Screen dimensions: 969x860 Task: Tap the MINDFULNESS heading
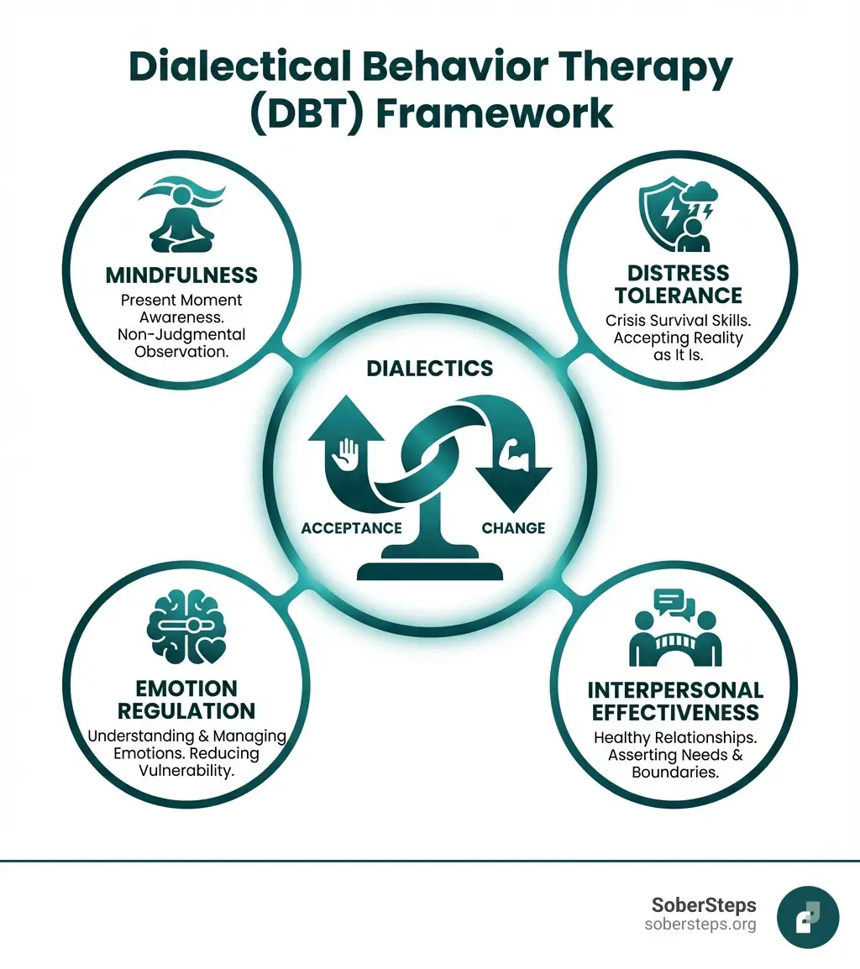pyautogui.click(x=181, y=275)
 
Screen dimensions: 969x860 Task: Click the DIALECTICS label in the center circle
pyautogui.click(x=429, y=368)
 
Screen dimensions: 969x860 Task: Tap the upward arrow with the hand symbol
pyautogui.click(x=345, y=453)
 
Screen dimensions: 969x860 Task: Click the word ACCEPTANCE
pyautogui.click(x=351, y=528)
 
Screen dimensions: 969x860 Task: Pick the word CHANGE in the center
pyautogui.click(x=513, y=528)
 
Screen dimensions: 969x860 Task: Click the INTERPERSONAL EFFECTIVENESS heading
pyautogui.click(x=675, y=701)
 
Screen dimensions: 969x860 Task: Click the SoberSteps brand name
pyautogui.click(x=704, y=905)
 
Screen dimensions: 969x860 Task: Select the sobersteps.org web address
pyautogui.click(x=700, y=924)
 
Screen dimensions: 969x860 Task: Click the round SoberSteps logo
pyautogui.click(x=808, y=917)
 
